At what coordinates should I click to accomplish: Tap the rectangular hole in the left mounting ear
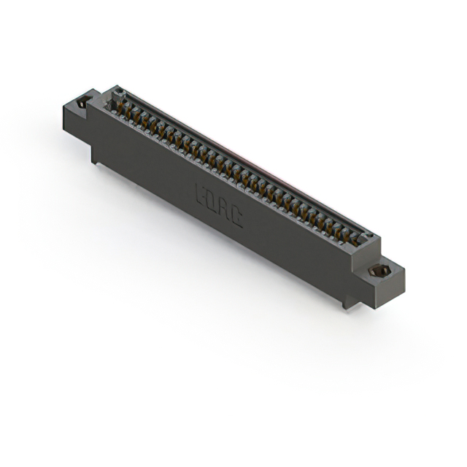coord(84,101)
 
